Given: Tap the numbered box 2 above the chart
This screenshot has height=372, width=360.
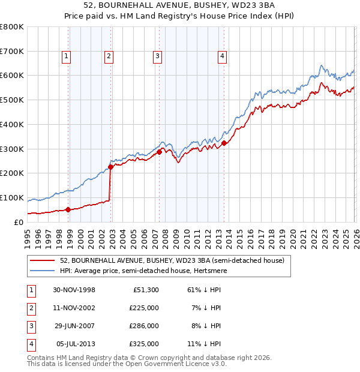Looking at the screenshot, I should (109, 57).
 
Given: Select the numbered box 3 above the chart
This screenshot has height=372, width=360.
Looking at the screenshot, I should (157, 57).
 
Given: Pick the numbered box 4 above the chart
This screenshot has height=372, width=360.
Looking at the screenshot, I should (222, 57).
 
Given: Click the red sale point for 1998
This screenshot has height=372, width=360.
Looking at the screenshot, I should (68, 209).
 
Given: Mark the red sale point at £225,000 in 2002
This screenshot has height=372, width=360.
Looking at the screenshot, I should (111, 167).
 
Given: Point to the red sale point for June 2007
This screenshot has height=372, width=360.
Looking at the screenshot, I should (160, 152).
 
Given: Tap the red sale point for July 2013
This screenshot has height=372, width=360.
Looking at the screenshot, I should (224, 143).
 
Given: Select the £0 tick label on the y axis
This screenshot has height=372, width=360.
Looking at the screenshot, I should (19, 222).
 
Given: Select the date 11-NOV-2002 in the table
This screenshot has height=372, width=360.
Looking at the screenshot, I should (74, 308).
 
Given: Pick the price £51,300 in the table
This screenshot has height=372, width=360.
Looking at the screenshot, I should (145, 290).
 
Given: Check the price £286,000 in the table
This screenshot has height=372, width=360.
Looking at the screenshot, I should (145, 326).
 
